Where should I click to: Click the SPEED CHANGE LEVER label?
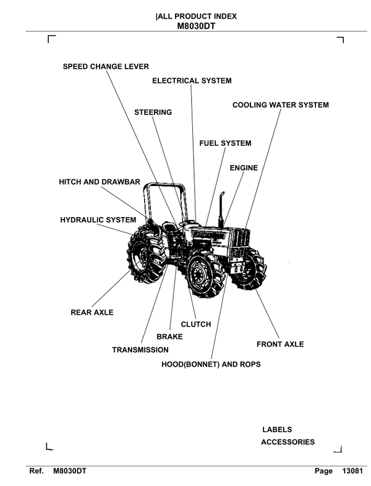pyautogui.click(x=106, y=66)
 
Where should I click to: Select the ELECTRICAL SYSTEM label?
pyautogui.click(x=192, y=81)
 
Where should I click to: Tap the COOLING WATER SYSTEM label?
pyautogui.click(x=280, y=105)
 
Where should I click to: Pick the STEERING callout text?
pyautogui.click(x=153, y=113)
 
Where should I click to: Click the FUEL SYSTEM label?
pyautogui.click(x=225, y=143)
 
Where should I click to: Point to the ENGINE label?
pyautogui.click(x=244, y=168)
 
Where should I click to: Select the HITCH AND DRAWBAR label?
pyautogui.click(x=100, y=182)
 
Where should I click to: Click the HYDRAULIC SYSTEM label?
pyautogui.click(x=98, y=220)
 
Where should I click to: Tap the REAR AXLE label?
pyautogui.click(x=92, y=313)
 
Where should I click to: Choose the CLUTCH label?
pyautogui.click(x=195, y=324)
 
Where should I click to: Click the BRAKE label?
pyautogui.click(x=169, y=337)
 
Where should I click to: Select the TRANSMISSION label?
pyautogui.click(x=140, y=350)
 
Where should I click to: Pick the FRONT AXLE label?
pyautogui.click(x=280, y=344)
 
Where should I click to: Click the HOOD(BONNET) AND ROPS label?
pyautogui.click(x=211, y=365)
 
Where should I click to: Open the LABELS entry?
pyautogui.click(x=277, y=430)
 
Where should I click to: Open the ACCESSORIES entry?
pyautogui.click(x=288, y=442)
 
